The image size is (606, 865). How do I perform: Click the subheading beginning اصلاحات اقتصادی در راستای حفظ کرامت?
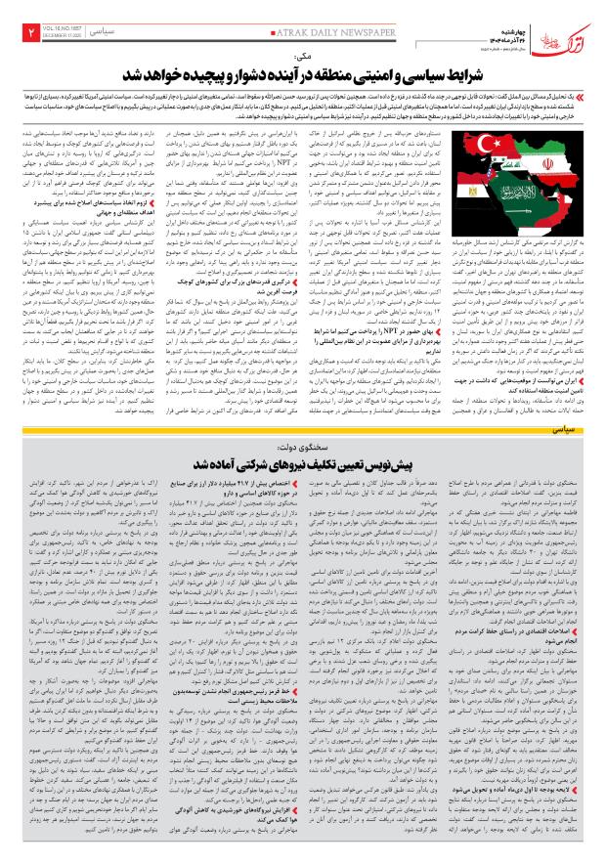[528, 649]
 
